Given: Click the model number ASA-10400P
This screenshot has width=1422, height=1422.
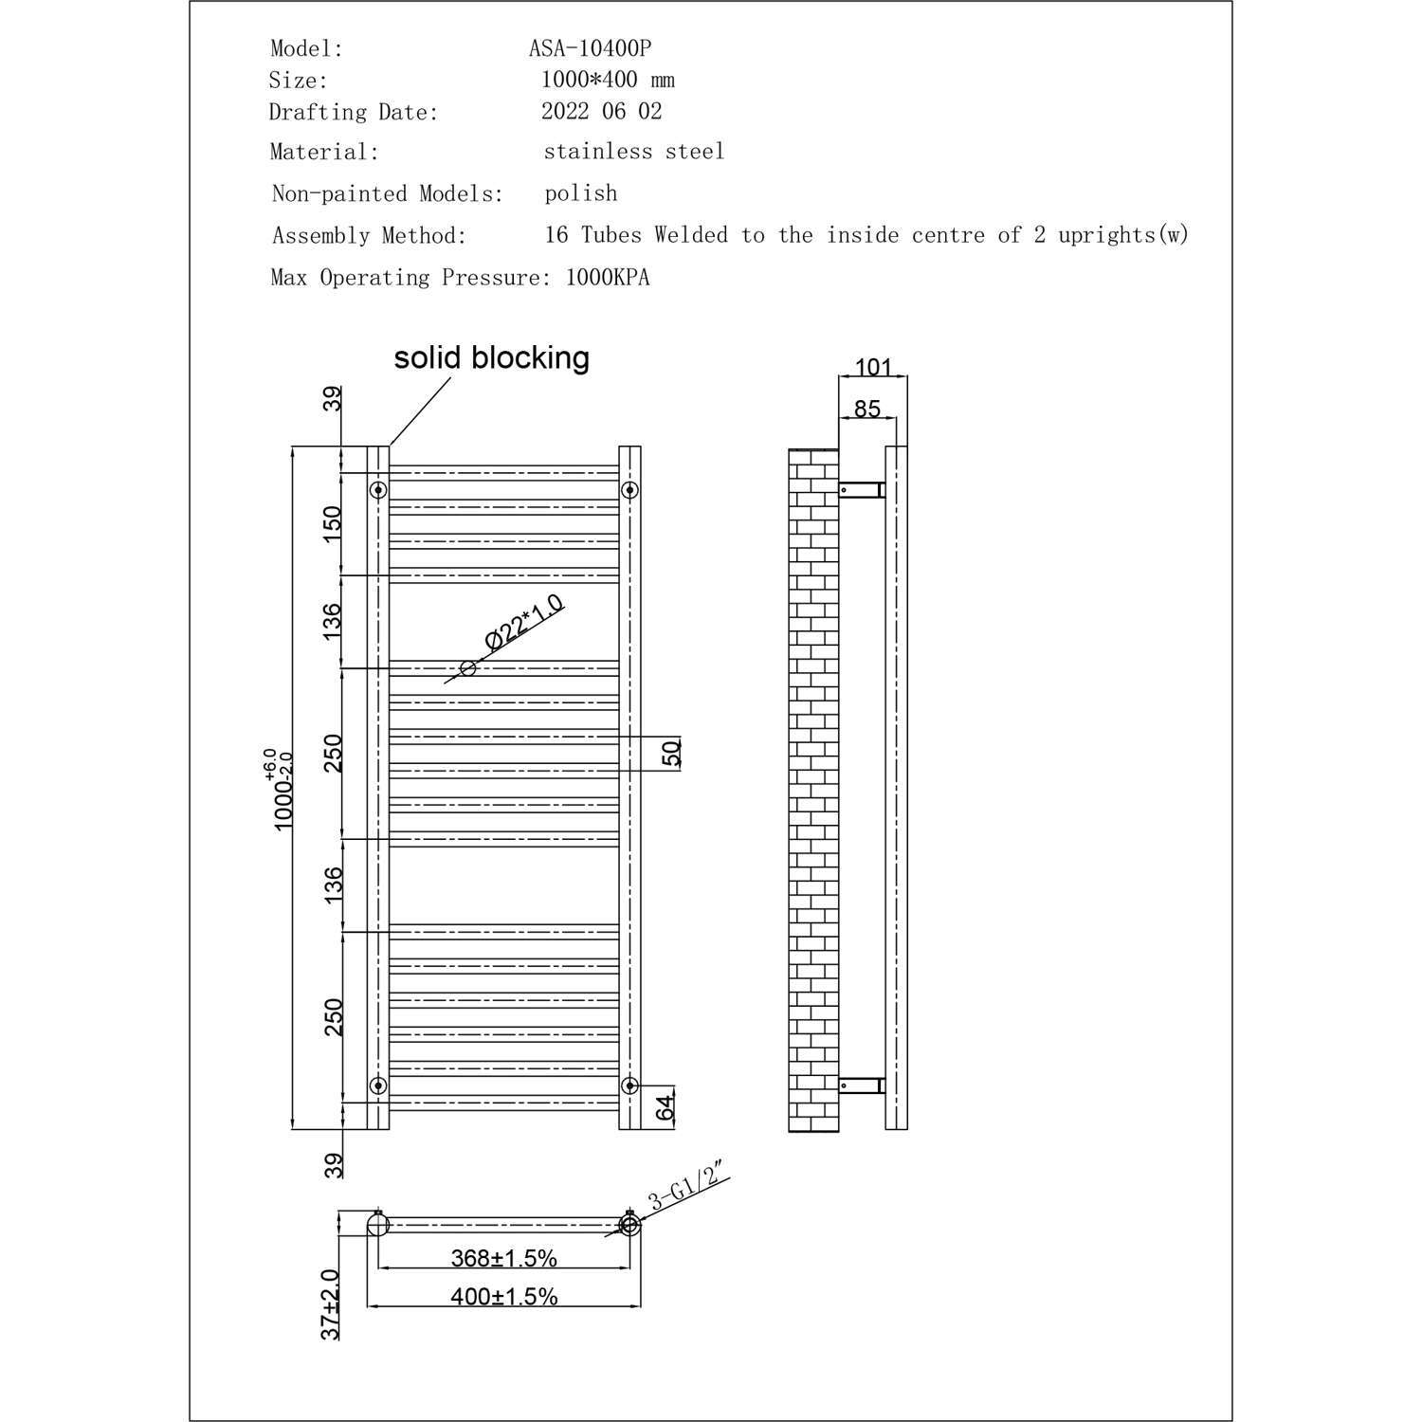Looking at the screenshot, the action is point(590,48).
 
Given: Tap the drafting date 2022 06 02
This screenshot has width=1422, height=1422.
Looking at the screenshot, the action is point(601,111).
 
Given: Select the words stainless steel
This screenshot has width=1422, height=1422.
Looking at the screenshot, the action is point(633,151).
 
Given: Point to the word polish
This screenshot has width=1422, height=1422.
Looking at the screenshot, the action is point(581,193).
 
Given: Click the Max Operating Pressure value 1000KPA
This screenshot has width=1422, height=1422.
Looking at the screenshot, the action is point(608,278).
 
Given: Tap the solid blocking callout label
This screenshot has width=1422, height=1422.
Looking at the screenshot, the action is point(492,357).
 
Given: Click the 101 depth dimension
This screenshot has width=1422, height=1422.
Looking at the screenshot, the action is point(873,366).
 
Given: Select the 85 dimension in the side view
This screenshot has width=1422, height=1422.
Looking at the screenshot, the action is point(866,409).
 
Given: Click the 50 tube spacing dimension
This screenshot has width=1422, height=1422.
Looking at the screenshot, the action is point(670,754).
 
